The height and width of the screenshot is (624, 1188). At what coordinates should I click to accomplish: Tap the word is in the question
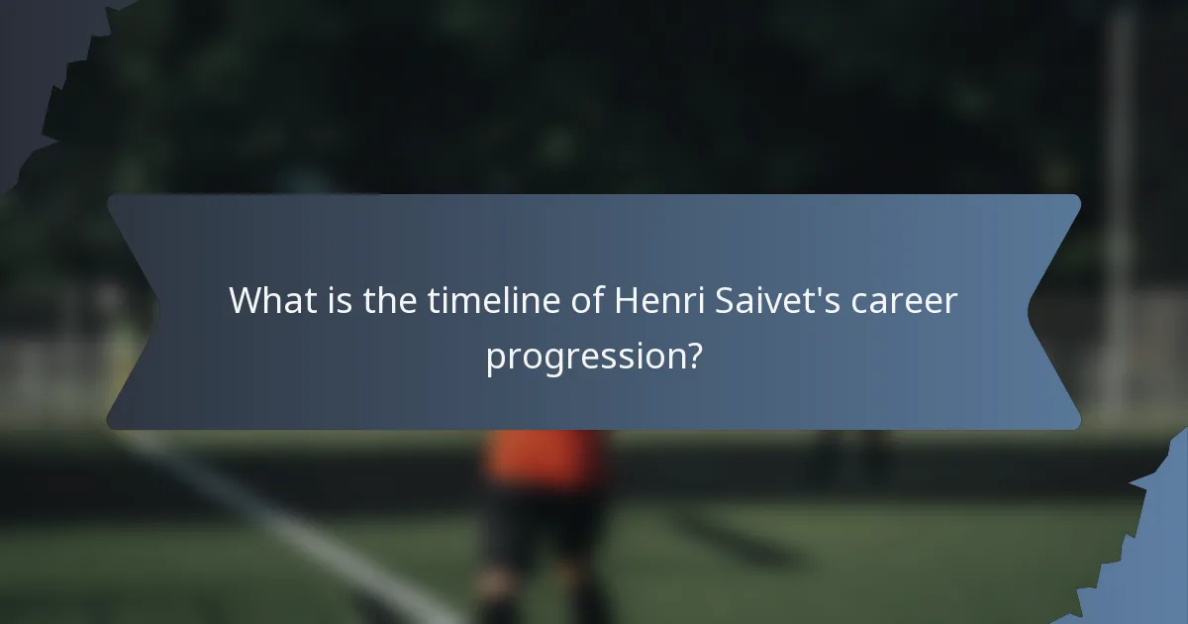pyautogui.click(x=340, y=300)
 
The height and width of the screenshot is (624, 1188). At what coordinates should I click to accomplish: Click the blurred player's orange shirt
pyautogui.click(x=544, y=457)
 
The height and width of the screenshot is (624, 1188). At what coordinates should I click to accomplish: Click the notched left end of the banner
pyautogui.click(x=129, y=312)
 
